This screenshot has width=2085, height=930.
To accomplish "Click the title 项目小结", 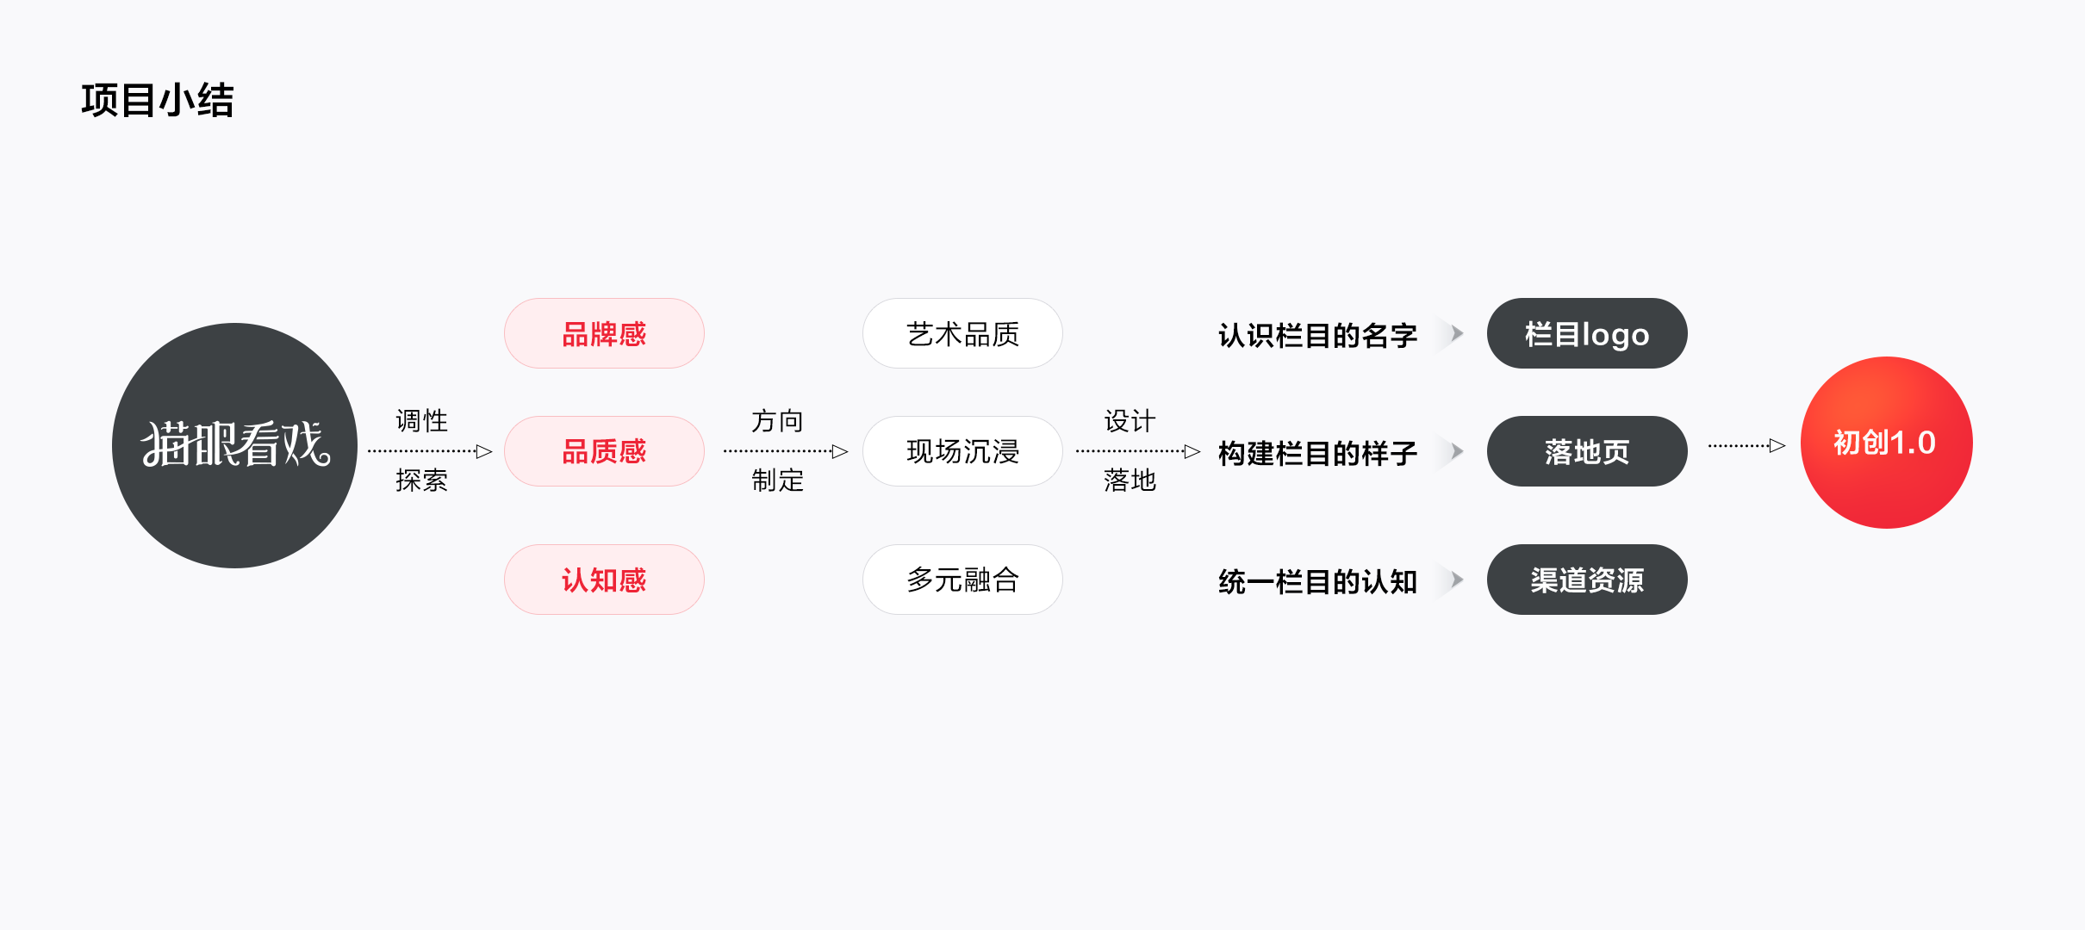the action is tap(158, 101).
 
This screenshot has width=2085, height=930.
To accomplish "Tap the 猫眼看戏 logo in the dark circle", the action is tap(235, 444).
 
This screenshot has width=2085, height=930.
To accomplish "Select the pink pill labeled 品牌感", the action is tap(604, 334).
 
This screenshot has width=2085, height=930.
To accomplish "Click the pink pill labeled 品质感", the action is tap(604, 451).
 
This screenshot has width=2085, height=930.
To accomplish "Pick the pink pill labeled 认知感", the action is tap(604, 580).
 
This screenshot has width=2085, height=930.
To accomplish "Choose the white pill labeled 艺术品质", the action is tap(962, 334).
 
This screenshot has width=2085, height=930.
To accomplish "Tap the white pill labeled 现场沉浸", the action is tap(962, 451).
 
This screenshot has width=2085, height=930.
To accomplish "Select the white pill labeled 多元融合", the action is tap(962, 580).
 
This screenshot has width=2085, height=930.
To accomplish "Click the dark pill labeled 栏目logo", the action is tap(1586, 334).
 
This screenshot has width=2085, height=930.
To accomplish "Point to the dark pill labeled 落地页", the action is tap(1586, 451).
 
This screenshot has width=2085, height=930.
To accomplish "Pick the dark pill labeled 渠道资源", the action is tap(1586, 580).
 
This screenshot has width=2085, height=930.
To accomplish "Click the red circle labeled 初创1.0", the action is tap(1886, 443).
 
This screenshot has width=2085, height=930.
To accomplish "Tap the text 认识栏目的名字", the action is tap(1317, 335).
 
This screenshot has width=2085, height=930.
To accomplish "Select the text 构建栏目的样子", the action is tap(1317, 453).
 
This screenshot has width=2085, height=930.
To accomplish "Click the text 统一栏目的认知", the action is tap(1317, 581).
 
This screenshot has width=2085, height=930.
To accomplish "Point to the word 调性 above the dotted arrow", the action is tap(421, 421).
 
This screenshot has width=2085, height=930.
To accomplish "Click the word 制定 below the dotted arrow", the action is tap(777, 480).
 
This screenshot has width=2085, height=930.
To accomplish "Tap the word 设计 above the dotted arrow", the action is tap(1130, 421).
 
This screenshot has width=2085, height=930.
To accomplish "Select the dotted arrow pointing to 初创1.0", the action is tap(1746, 445).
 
